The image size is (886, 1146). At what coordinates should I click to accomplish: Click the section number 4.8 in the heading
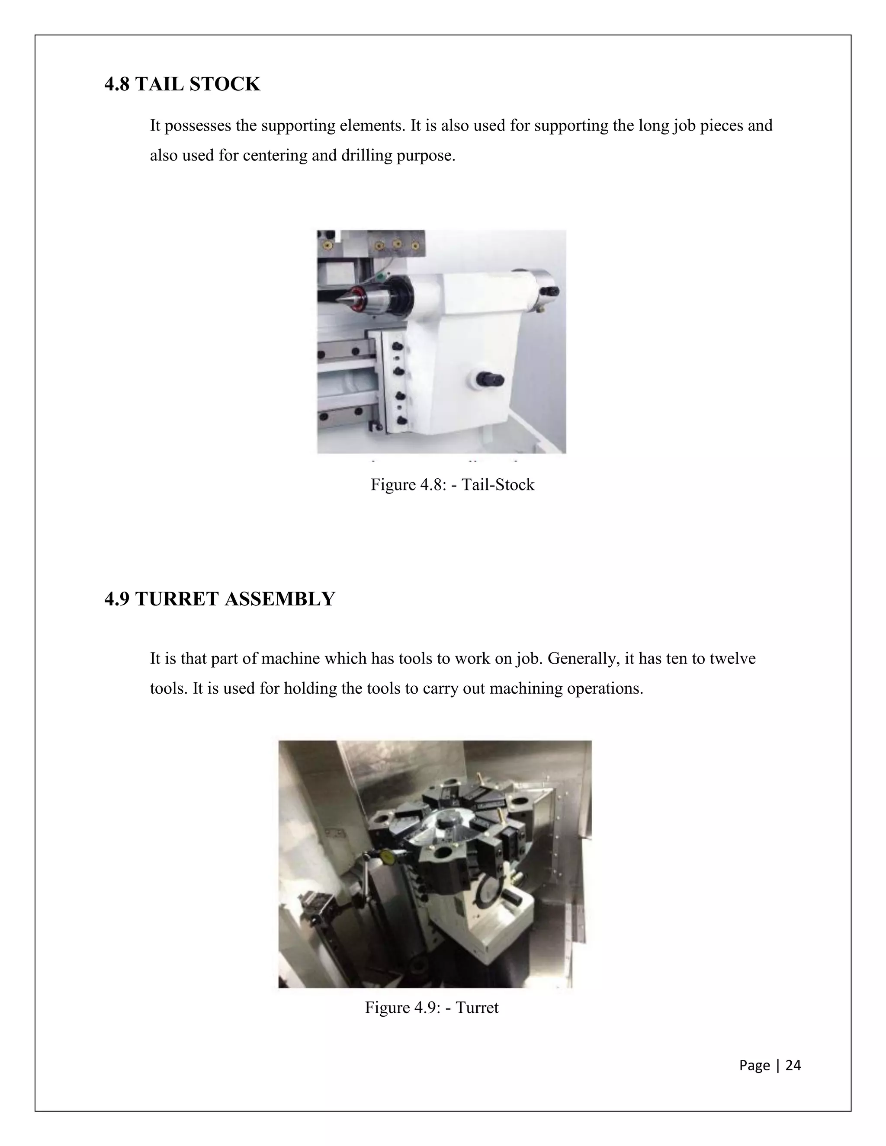click(117, 84)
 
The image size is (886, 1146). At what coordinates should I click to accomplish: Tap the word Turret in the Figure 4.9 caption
click(477, 1008)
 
